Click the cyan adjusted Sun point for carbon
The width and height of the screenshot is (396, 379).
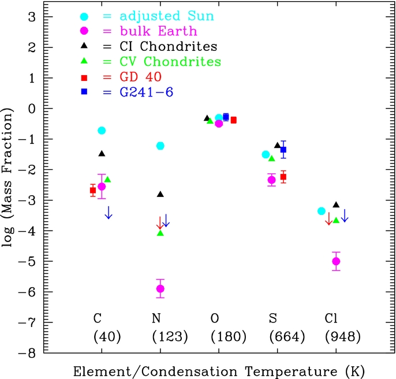tap(102, 131)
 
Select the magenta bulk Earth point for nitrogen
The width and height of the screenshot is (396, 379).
tap(160, 288)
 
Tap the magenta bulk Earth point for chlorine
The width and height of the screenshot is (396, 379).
tap(336, 261)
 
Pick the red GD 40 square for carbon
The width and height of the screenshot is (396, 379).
tap(93, 190)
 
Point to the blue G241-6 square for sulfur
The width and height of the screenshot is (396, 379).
tap(283, 150)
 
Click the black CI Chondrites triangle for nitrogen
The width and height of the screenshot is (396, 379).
tap(160, 194)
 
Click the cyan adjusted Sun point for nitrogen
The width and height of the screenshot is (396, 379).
tap(160, 146)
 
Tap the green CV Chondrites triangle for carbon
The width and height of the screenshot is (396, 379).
tap(107, 180)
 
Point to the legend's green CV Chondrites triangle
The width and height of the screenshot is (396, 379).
tap(84, 61)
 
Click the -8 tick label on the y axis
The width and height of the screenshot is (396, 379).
tap(32, 352)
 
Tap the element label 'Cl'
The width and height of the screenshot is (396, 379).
tap(332, 318)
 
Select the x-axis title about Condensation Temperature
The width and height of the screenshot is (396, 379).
tap(219, 370)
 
